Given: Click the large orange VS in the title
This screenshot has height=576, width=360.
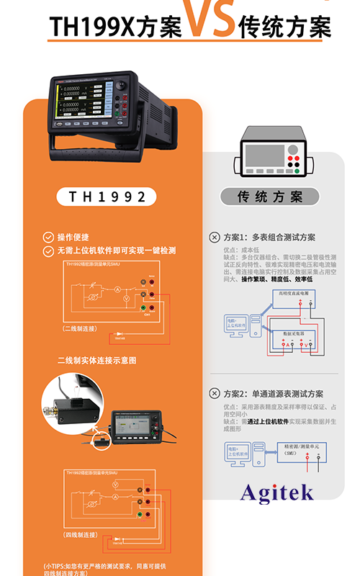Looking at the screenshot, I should pos(210,19).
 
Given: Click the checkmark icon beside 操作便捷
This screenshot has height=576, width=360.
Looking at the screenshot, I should pos(48,237).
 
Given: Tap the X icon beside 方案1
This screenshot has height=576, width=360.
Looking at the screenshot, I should pos(214,237).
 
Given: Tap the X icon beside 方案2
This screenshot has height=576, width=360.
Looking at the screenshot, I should pos(214,394).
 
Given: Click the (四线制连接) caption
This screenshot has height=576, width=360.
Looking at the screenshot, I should pos(81,536).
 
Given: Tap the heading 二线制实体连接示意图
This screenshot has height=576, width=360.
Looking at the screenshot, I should pos(96,360).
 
